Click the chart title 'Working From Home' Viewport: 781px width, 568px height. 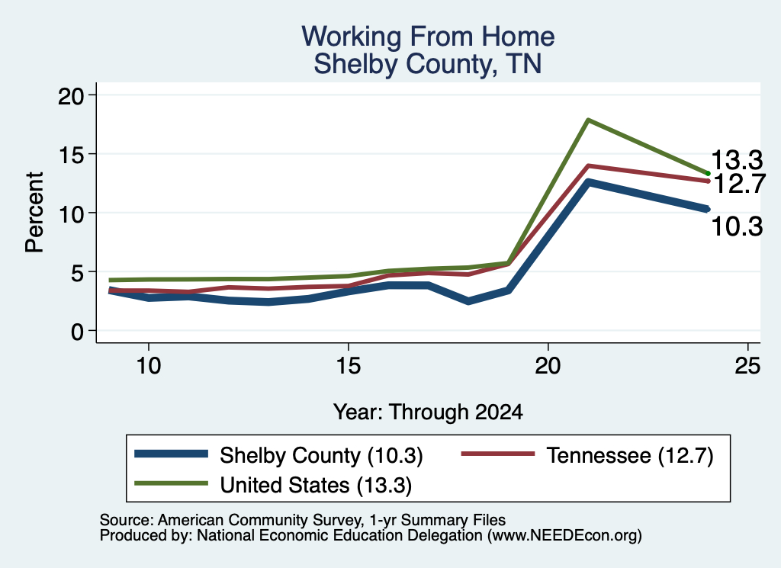coord(428,37)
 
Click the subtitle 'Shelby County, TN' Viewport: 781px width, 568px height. coord(428,64)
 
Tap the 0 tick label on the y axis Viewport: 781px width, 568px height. coord(77,332)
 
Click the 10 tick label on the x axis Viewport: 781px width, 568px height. coord(149,366)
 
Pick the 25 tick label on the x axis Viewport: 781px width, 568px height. coord(747,366)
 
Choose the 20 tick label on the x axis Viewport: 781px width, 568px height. coord(548,366)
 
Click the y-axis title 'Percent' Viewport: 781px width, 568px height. coord(34,213)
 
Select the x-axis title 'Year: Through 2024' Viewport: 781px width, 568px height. coord(428,412)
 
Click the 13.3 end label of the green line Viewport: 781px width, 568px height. coord(737,160)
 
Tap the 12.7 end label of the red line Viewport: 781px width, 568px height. coord(739,183)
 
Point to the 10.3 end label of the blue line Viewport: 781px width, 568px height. coord(737,226)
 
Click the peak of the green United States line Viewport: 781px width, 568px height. coord(588,120)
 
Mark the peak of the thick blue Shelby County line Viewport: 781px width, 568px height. coord(588,183)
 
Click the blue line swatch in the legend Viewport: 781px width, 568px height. coord(172,454)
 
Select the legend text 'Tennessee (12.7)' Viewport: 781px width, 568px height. coord(630,455)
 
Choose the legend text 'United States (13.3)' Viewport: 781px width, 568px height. coord(316,486)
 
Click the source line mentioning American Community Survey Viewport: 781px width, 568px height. coord(303,520)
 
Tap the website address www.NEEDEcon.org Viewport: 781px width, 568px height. coord(565,536)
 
